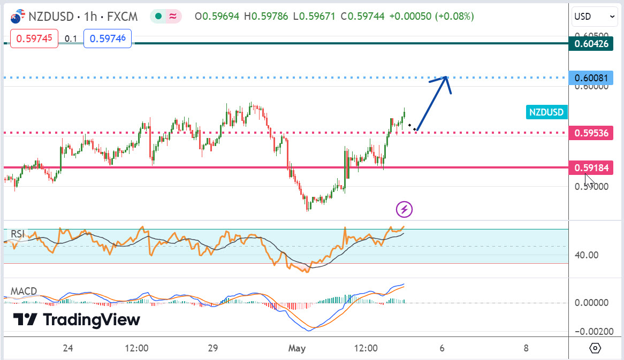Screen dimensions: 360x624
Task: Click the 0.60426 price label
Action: point(591,44)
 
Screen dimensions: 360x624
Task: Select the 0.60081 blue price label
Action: point(591,78)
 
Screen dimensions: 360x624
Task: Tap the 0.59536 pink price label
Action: point(591,133)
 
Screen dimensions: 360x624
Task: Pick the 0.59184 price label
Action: point(591,168)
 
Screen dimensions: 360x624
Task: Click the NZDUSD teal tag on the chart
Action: point(546,112)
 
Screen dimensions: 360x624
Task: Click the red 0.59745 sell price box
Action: point(34,39)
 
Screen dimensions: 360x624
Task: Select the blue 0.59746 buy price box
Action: point(108,39)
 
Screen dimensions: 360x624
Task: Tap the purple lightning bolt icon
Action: point(405,209)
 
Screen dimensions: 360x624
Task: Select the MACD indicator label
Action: point(24,292)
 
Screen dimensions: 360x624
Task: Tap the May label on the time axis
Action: point(296,348)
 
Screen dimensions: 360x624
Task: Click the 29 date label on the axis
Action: point(213,348)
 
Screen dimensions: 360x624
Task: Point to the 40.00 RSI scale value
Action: point(587,255)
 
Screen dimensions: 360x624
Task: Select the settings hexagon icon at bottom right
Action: point(595,348)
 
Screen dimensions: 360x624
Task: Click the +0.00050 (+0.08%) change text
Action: point(431,17)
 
